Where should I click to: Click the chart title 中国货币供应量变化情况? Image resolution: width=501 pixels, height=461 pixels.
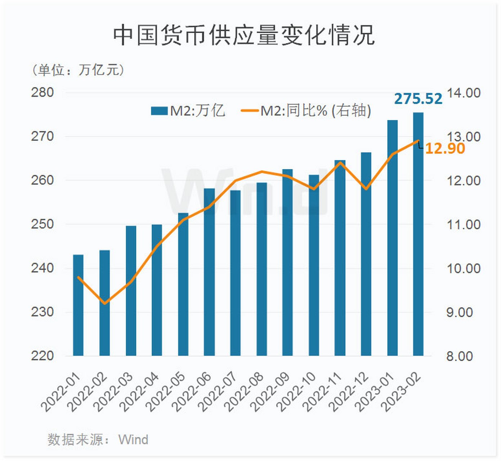[244, 35]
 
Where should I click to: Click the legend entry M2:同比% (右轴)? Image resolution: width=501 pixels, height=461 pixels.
[306, 111]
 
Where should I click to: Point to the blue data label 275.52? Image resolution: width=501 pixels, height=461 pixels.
[418, 99]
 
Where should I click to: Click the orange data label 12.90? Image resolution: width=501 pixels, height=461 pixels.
[445, 148]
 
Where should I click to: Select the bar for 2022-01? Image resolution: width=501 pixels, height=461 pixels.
[78, 306]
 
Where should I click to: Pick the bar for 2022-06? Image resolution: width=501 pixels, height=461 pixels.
[209, 274]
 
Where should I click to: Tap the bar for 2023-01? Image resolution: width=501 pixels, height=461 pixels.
[392, 238]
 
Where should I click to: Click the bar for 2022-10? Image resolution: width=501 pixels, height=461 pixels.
[314, 267]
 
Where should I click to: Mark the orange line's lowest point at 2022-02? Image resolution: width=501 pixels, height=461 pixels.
[105, 303]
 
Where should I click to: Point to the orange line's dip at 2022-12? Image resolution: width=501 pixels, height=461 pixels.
[366, 188]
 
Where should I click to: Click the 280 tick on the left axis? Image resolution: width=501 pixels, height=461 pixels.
[42, 93]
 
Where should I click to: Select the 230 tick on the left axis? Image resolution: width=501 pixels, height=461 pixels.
[42, 312]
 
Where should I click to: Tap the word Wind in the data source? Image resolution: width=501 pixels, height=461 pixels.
[133, 440]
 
